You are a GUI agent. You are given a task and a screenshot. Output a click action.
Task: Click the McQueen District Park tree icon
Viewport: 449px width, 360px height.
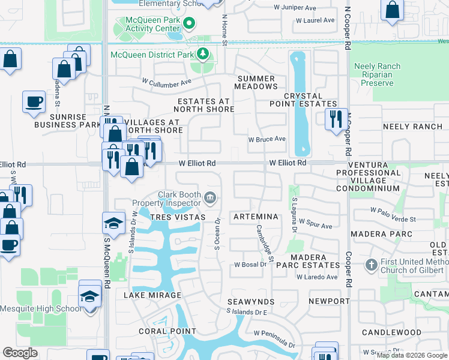click(203, 55)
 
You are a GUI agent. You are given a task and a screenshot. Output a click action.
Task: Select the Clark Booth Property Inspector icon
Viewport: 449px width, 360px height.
click(210, 197)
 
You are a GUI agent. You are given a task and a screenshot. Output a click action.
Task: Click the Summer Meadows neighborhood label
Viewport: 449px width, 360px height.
click(256, 83)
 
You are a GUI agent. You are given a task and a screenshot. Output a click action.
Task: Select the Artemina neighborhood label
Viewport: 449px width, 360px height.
click(256, 216)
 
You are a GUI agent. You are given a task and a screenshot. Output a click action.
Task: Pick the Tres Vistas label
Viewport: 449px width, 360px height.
click(178, 216)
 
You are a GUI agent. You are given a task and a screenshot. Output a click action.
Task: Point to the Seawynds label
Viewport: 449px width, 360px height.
click(251, 301)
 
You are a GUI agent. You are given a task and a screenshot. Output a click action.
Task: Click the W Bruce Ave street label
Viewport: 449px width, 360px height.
click(267, 139)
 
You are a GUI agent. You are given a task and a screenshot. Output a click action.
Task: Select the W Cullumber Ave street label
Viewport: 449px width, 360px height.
click(166, 81)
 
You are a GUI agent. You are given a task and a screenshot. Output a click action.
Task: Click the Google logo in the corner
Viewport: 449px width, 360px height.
click(20, 353)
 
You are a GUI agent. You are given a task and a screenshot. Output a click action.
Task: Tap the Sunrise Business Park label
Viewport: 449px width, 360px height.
click(67, 120)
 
